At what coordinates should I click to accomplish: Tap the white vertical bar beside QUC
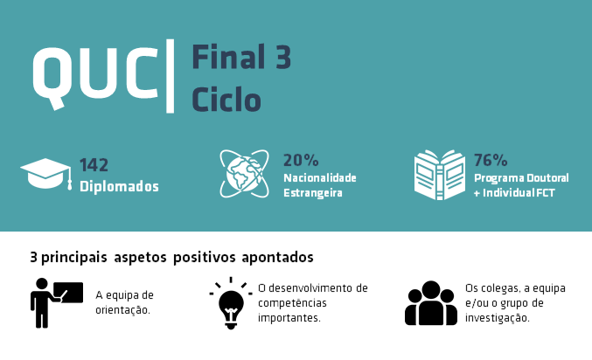pos(171,76)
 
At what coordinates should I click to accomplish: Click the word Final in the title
pos(228,57)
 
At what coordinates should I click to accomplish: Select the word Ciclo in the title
pos(226,99)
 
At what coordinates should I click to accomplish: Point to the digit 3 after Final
pos(283,57)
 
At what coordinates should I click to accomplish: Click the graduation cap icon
pos(46,174)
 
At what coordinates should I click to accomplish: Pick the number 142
pos(94,165)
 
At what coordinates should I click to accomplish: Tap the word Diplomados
pos(119,186)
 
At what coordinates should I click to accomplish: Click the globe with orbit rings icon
pos(244,174)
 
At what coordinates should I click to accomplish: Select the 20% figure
pos(301,160)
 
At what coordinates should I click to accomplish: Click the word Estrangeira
pos(313,193)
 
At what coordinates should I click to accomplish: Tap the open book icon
pos(440,175)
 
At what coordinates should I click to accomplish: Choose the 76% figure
pos(491,160)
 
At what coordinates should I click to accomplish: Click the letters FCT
pos(546,193)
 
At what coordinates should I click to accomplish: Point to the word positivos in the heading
pos(205,258)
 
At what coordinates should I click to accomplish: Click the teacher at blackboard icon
pos(57,303)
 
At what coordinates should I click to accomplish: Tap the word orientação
pos(122,310)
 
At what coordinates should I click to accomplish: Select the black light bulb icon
pos(231,303)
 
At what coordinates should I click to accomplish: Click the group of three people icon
pos(431,303)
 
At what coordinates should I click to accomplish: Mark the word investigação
pos(498,318)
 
